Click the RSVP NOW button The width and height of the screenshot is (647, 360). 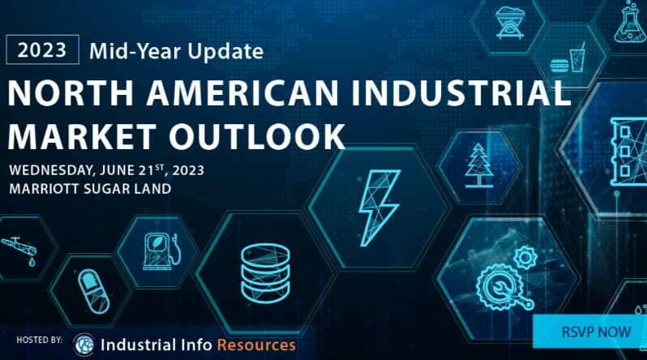tap(589, 332)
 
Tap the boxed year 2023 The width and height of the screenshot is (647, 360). tap(43, 50)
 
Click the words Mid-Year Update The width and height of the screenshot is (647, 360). tap(177, 51)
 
